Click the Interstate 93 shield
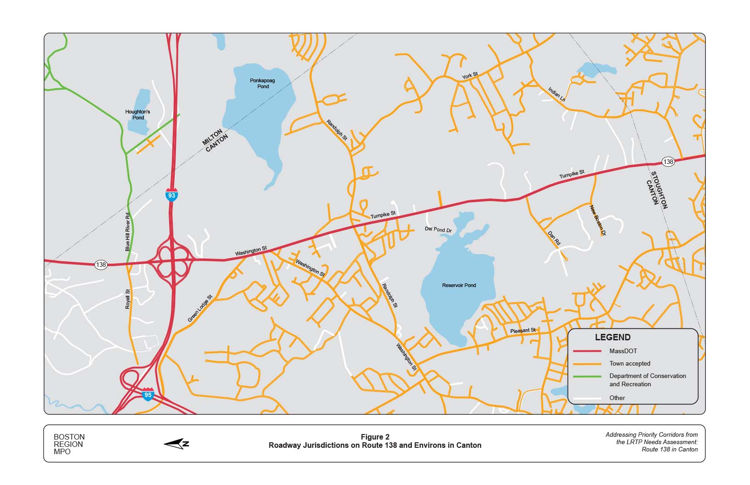[171, 195]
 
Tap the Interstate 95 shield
[148, 395]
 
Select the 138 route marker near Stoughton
[668, 162]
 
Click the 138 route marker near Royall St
[101, 265]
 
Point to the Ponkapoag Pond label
[262, 83]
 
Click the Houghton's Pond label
[137, 114]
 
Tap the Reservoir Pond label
[459, 285]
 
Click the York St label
[470, 75]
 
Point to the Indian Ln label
[557, 94]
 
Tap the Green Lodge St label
[200, 308]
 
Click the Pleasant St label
[523, 331]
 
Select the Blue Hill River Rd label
[128, 232]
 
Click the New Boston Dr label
[598, 220]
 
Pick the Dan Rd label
[554, 238]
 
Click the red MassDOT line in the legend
[587, 351]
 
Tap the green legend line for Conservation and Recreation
[587, 376]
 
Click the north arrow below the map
[176, 444]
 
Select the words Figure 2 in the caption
[375, 437]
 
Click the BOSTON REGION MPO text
[69, 444]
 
